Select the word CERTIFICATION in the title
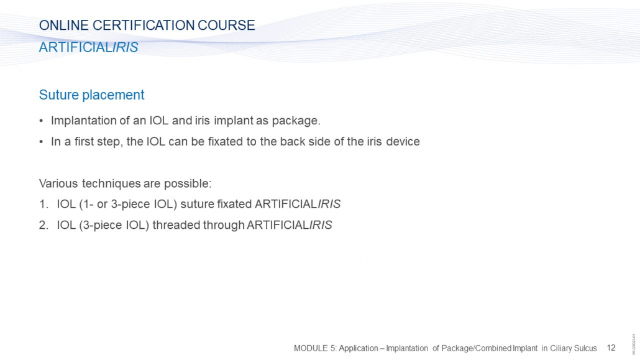click(144, 25)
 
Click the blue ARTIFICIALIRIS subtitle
click(89, 47)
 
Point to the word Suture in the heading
click(59, 95)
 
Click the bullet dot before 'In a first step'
click(41, 142)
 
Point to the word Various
click(58, 183)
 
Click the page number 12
click(611, 348)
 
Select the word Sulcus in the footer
click(585, 348)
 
